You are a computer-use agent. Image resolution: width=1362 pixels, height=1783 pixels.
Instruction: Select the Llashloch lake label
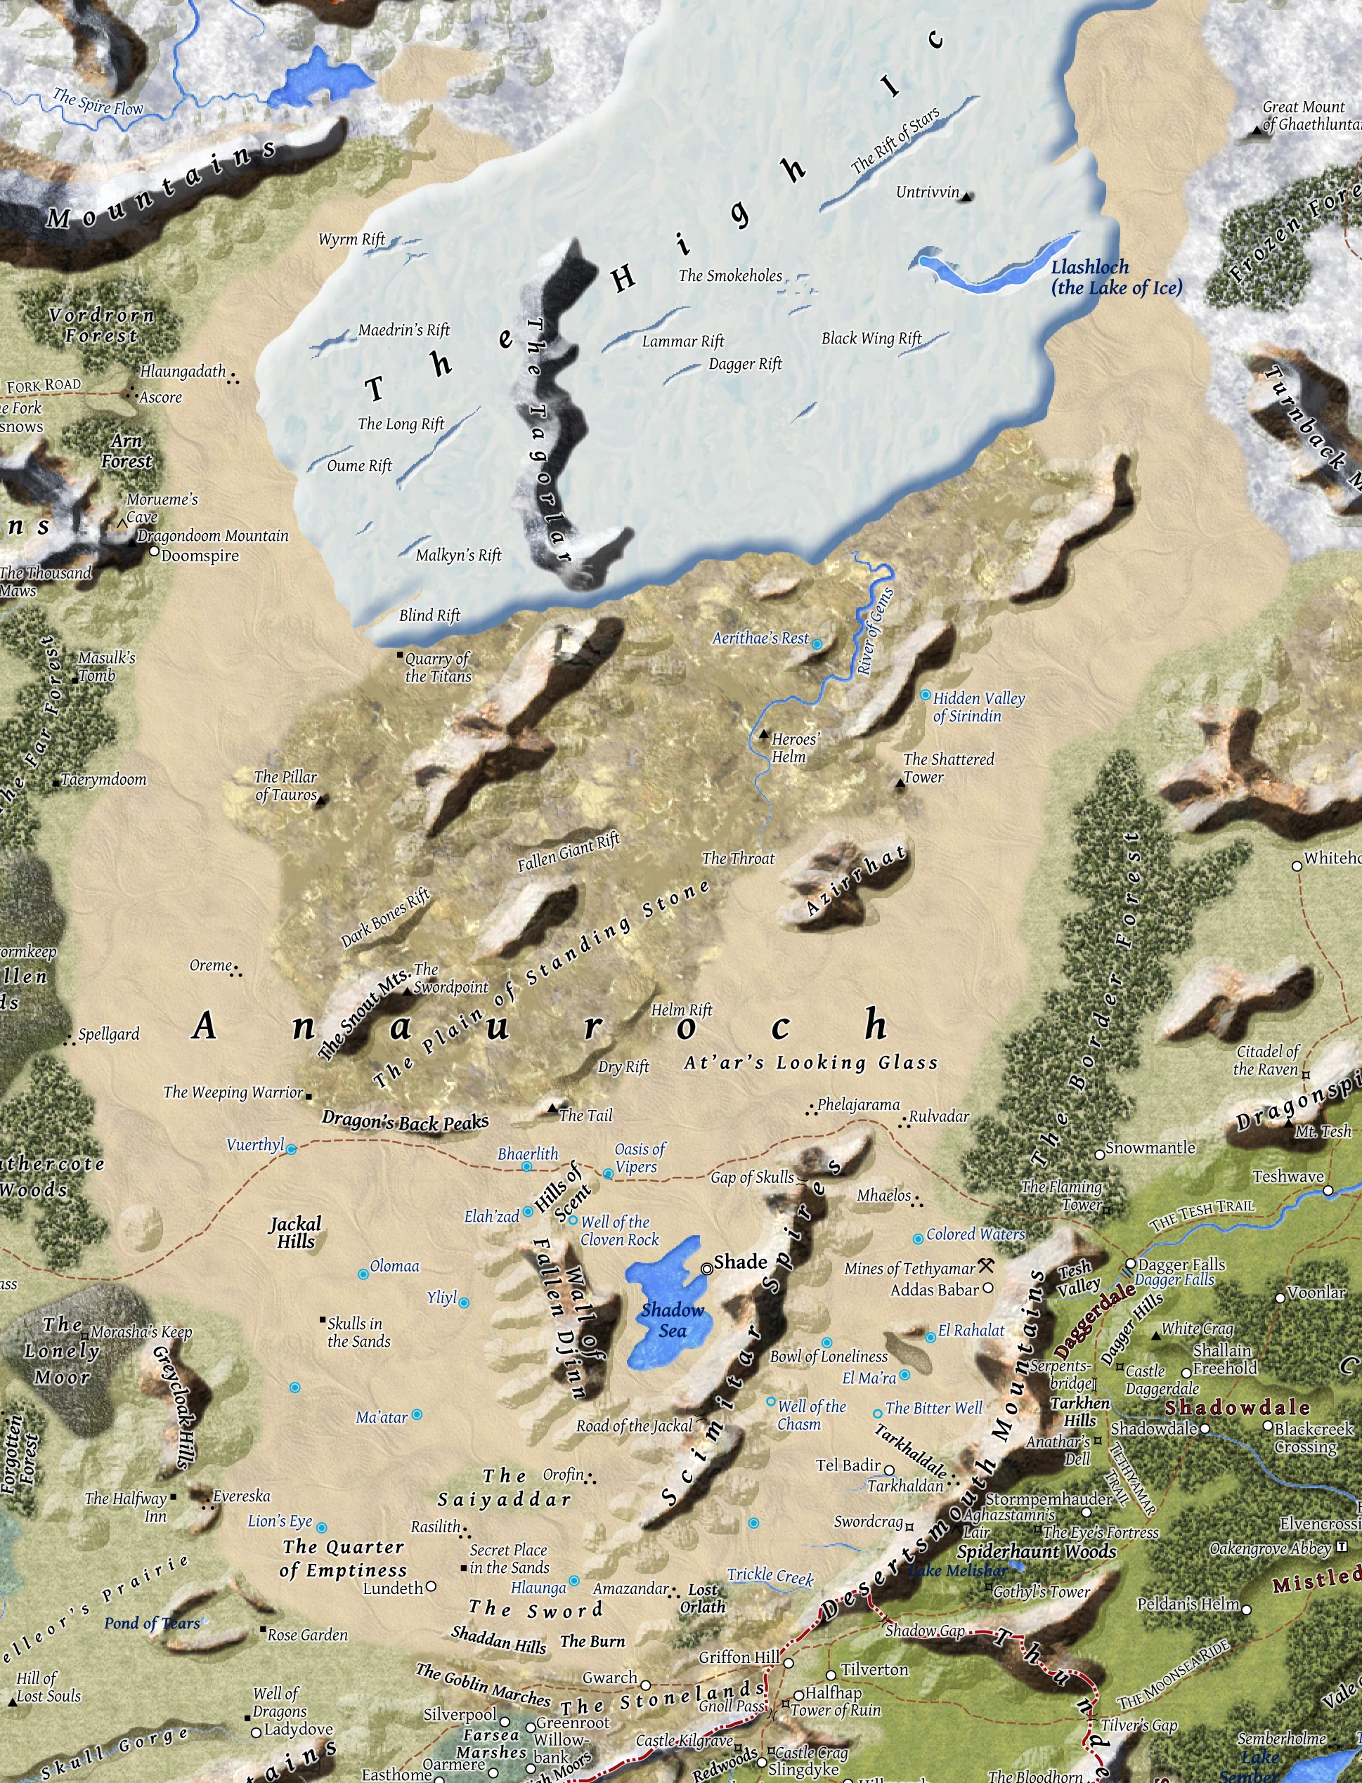1115,277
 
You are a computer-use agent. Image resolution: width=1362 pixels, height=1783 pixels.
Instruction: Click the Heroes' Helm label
793,747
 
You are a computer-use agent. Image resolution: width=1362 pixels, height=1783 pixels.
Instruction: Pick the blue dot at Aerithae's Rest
817,644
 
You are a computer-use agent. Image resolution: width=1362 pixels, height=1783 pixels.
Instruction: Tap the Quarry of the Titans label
438,667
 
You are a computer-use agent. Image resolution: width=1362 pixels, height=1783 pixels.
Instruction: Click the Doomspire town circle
154,551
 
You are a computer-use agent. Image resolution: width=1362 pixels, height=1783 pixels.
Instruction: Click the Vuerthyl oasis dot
291,1149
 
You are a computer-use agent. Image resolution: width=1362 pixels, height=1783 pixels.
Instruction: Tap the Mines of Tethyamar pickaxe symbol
987,1265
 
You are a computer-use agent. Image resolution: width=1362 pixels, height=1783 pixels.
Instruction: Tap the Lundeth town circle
432,1586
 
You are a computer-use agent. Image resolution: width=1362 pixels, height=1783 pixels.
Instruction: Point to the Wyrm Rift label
352,239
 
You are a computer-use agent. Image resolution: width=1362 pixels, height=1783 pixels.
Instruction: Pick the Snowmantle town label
1150,1148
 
